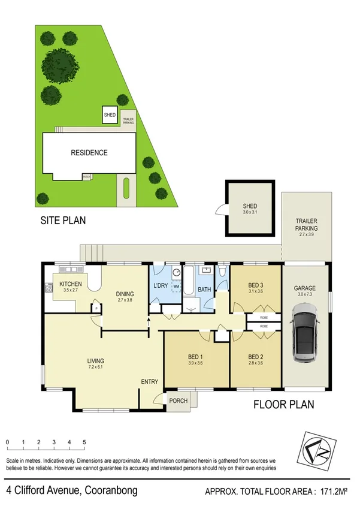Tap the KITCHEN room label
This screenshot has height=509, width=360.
[x=70, y=284]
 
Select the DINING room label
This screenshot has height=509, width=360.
[x=126, y=294]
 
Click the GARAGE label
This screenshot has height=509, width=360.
[x=304, y=288]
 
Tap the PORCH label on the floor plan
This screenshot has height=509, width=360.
[x=179, y=401]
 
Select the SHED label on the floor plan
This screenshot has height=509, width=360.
[x=249, y=206]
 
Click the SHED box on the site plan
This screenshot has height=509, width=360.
[x=110, y=115]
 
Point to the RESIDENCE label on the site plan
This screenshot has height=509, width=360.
[x=89, y=153]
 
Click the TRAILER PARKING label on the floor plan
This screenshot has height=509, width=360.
[x=306, y=225]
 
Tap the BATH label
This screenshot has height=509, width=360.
[x=205, y=289]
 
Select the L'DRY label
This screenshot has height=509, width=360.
[x=161, y=285]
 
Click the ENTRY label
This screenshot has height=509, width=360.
[x=149, y=382]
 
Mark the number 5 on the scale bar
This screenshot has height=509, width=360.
[x=84, y=442]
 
